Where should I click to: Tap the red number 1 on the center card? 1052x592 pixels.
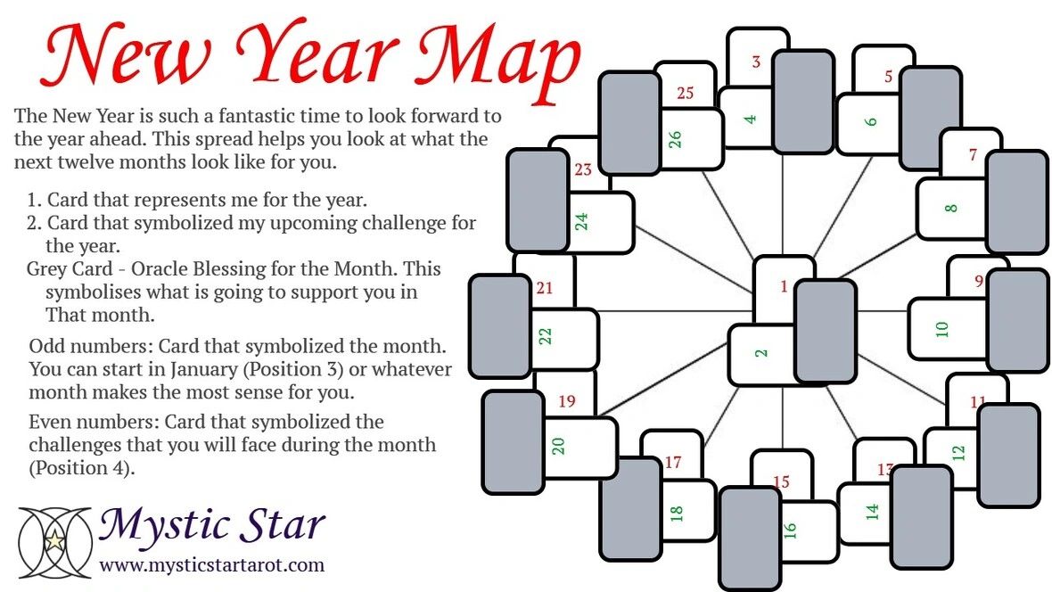point(784,286)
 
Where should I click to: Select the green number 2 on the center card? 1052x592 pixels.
point(760,353)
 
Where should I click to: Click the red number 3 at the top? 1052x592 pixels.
point(756,62)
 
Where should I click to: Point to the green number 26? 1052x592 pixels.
point(675,140)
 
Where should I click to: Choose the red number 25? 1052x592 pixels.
point(685,92)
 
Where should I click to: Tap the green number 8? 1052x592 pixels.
point(950,209)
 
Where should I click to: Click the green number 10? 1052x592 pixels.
point(941,329)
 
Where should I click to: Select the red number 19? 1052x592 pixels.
point(566,401)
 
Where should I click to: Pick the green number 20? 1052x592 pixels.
point(559,446)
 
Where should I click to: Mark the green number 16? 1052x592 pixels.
point(789,530)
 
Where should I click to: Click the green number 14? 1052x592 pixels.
point(872,512)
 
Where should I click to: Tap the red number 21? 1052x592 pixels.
point(545,288)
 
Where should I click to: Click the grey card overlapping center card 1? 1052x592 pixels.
point(825,331)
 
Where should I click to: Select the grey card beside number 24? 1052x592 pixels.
point(538,201)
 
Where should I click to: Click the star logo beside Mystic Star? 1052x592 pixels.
point(55,540)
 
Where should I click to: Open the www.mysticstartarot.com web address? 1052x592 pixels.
point(211,564)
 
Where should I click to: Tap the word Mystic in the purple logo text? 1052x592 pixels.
point(151,526)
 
